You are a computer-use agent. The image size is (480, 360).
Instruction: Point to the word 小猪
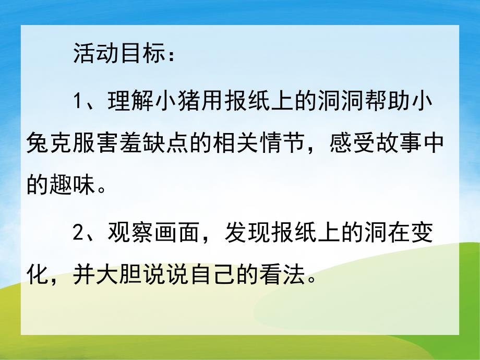coord(182,100)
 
